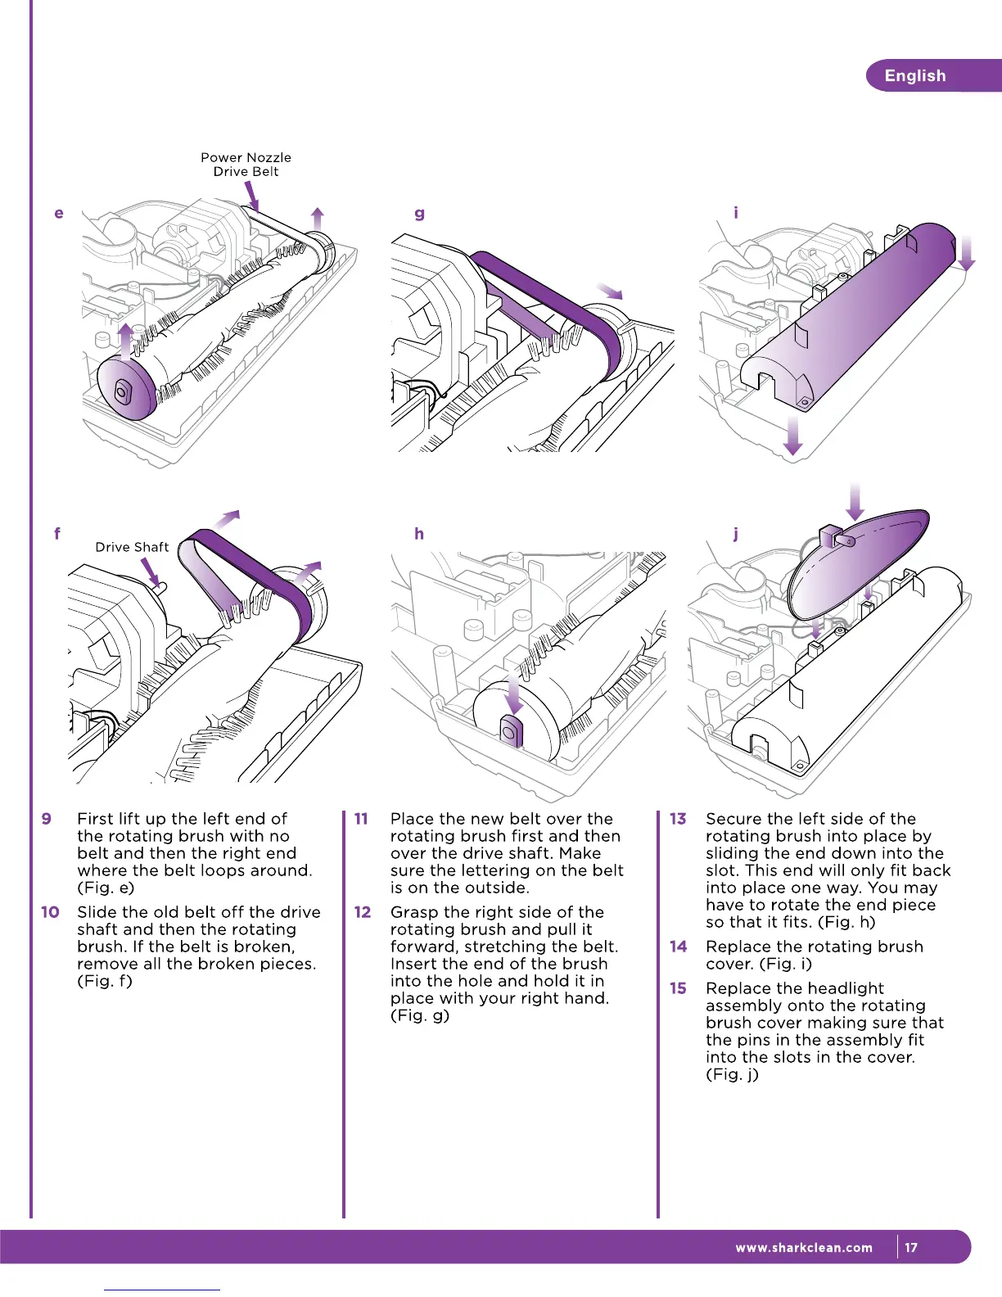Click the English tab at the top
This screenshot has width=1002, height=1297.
point(915,75)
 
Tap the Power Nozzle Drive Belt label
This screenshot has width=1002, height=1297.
point(246,165)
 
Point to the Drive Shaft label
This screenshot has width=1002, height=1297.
point(132,547)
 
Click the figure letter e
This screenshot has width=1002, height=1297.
point(59,214)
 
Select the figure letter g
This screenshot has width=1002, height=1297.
point(419,214)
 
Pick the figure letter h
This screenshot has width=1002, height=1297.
point(419,534)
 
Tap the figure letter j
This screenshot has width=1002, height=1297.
point(736,535)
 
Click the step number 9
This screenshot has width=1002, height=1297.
point(47,819)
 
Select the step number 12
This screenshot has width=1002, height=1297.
point(363,912)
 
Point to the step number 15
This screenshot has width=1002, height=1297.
point(678,988)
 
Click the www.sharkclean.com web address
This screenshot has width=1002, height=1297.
point(804,1248)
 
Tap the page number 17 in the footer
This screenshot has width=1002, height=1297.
point(911,1248)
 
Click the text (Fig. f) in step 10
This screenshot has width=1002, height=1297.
point(105,981)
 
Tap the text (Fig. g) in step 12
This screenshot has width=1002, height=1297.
point(420,1015)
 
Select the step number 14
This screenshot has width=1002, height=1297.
point(678,947)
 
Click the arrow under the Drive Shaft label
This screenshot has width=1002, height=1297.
point(153,572)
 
